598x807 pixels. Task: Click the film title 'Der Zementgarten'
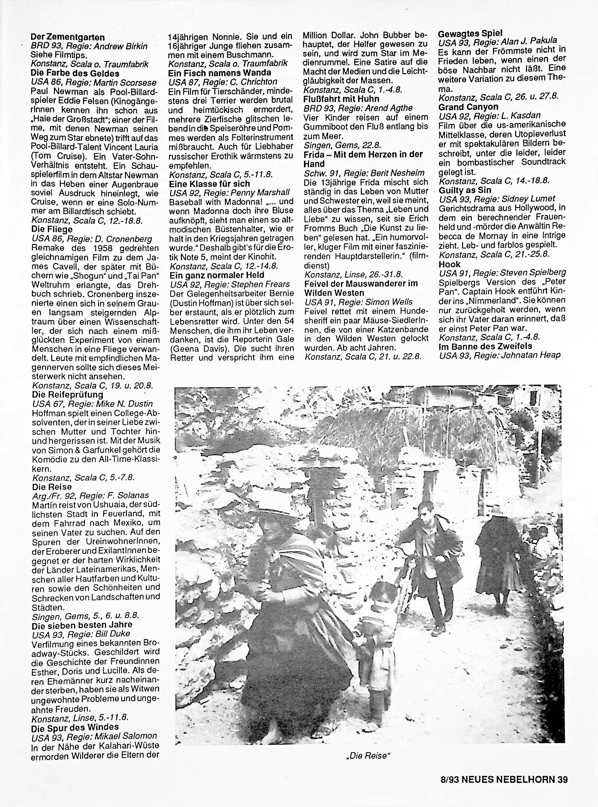click(68, 37)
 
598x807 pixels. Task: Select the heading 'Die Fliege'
click(52, 229)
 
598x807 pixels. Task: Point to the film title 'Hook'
click(449, 264)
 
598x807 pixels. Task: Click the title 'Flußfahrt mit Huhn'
click(341, 99)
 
